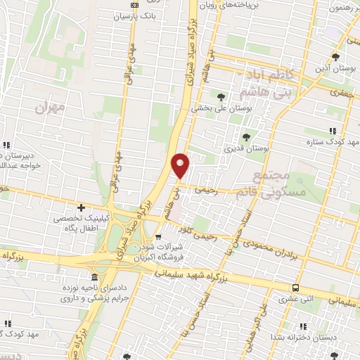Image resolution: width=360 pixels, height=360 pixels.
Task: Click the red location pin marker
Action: point(181,165)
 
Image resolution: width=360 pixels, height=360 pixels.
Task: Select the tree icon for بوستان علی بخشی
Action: point(221,97)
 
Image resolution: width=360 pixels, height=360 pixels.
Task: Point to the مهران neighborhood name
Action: point(49,108)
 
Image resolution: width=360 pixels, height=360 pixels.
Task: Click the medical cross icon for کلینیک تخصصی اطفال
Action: point(82,207)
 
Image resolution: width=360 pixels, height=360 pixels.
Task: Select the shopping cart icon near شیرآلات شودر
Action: point(160,237)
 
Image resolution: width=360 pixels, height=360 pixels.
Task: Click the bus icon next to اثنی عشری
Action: point(296,288)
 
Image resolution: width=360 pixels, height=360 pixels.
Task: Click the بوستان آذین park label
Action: point(336,69)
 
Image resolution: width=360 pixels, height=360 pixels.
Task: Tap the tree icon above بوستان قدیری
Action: point(246,137)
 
